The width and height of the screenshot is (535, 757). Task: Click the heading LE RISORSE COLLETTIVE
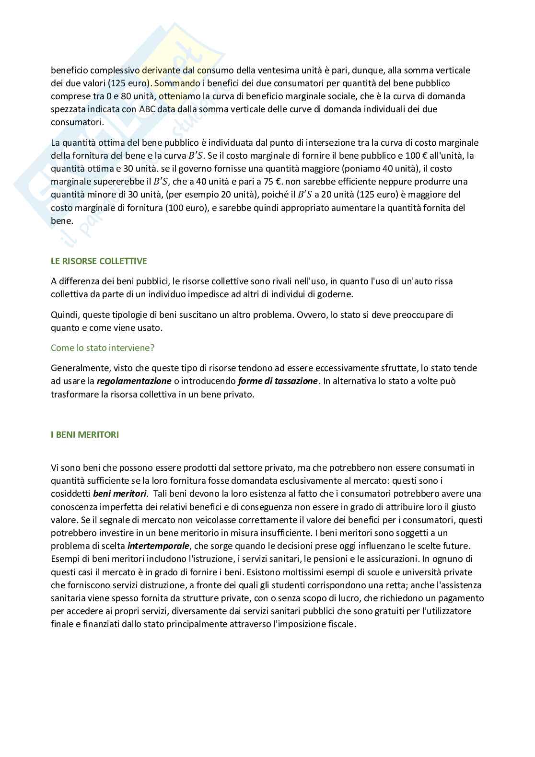(99, 261)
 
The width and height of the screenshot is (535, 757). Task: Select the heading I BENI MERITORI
(85, 435)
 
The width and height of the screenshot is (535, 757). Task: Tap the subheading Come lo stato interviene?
(103, 348)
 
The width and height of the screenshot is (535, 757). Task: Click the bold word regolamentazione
(134, 381)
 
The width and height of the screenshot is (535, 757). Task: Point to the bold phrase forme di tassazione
(278, 381)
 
